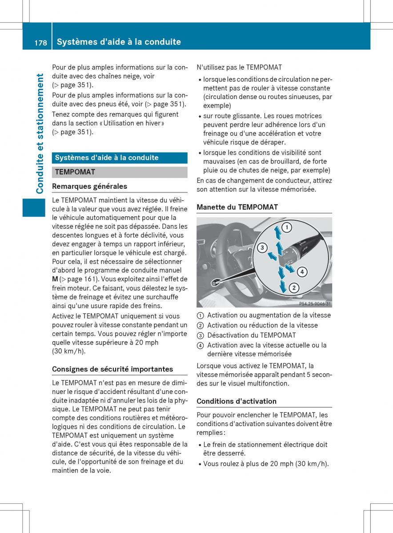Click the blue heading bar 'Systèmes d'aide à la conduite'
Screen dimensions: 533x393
[120, 158]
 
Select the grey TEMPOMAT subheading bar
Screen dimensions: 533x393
[120, 172]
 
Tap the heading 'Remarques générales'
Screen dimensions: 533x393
[89, 187]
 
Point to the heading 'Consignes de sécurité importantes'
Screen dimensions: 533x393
[112, 369]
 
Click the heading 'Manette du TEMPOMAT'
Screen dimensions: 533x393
[237, 207]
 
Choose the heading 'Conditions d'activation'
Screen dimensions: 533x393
[237, 401]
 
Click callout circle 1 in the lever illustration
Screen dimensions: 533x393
[287, 228]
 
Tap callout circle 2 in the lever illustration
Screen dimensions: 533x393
[293, 288]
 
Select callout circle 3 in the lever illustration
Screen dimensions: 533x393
[262, 248]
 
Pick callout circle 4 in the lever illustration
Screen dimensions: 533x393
[301, 271]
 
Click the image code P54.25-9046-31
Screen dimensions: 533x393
[315, 304]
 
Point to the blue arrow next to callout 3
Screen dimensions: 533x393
[272, 255]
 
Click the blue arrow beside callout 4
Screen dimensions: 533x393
[289, 268]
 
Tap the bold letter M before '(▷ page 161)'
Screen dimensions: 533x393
[55, 279]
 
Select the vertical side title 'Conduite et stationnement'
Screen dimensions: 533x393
[40, 134]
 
